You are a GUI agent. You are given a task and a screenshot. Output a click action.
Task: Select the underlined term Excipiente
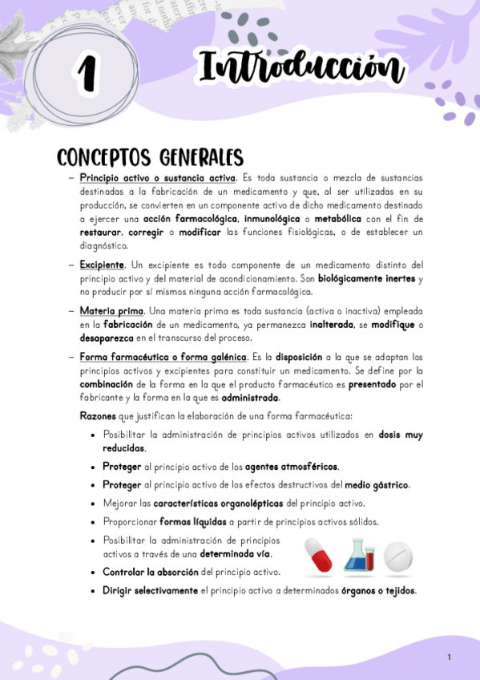click(x=102, y=264)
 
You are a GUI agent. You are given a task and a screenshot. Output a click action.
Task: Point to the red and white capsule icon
click(x=321, y=555)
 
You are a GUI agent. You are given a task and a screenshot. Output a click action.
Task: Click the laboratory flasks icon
click(x=360, y=554)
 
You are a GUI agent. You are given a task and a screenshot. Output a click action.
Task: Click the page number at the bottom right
click(x=450, y=658)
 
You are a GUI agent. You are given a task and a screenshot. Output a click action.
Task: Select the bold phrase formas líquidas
click(x=198, y=521)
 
